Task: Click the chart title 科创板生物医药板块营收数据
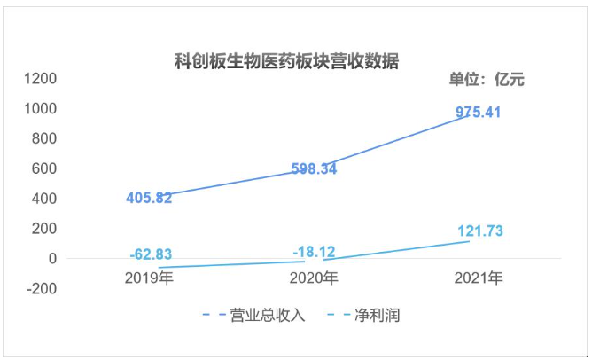286,62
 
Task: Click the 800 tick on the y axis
45,139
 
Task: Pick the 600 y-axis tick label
45,168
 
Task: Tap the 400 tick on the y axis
45,199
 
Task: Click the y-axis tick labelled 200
45,229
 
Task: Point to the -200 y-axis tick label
43,288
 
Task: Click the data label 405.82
160,198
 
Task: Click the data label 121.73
486,231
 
